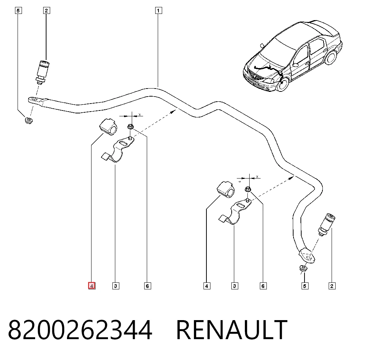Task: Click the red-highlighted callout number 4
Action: [x=92, y=286]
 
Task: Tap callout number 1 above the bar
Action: [x=158, y=11]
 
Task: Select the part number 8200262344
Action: [x=80, y=330]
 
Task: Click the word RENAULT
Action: [x=232, y=330]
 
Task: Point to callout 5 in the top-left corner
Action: [x=18, y=11]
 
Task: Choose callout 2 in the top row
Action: [x=46, y=11]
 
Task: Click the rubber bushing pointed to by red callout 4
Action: [x=108, y=127]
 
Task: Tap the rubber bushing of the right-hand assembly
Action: [x=226, y=189]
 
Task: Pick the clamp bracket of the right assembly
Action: [x=235, y=211]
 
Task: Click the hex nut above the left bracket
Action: [x=131, y=127]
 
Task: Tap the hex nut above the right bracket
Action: [x=248, y=189]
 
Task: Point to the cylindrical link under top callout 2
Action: [x=42, y=72]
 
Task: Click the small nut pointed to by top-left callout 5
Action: [x=29, y=121]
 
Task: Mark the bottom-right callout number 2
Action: [x=332, y=286]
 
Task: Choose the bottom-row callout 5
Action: [x=305, y=286]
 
